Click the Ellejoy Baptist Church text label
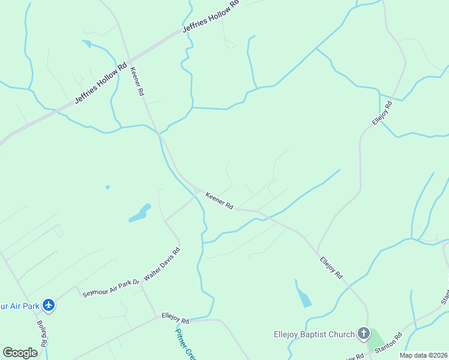311,334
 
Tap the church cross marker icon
363,333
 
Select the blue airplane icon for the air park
49,305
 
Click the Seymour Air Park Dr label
110,287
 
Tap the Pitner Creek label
184,342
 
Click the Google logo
20,352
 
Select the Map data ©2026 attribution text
424,355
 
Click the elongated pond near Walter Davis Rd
140,213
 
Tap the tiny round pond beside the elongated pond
107,187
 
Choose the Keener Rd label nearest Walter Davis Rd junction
219,200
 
